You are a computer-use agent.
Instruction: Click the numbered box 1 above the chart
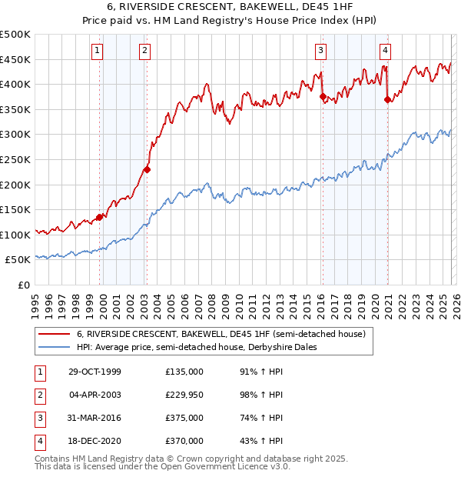[98, 52]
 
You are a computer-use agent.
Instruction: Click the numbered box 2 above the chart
[144, 52]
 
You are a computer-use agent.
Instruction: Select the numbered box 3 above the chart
[320, 52]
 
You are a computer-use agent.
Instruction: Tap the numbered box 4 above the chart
[384, 52]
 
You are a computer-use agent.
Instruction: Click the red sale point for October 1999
[100, 217]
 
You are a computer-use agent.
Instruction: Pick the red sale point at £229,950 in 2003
[147, 169]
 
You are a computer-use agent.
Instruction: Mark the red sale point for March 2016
[323, 97]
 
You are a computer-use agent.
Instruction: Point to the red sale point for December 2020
[387, 99]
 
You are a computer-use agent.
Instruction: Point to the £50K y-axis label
[18, 261]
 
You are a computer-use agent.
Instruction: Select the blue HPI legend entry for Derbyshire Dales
[208, 347]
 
